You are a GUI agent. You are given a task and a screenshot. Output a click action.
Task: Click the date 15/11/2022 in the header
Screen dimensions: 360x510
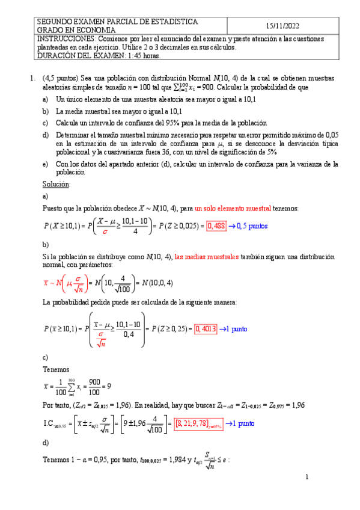coord(282,26)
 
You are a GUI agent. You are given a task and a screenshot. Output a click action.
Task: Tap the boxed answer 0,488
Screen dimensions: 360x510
coord(216,226)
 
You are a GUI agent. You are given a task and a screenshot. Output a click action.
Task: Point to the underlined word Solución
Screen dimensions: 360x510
coord(56,183)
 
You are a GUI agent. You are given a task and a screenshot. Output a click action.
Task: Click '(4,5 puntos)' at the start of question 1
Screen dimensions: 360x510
coord(60,78)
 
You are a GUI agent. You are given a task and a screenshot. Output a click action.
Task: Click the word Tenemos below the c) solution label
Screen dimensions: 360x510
coord(56,370)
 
